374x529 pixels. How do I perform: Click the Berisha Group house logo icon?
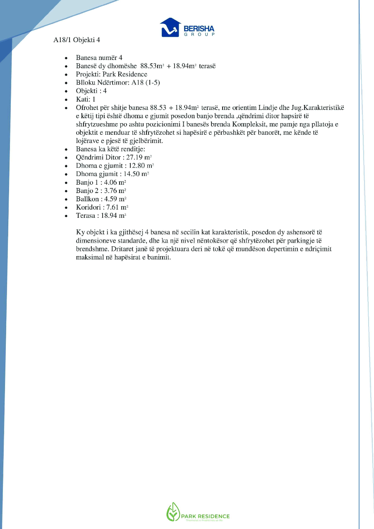pyautogui.click(x=170, y=27)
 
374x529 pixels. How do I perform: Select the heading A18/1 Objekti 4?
pyautogui.click(x=77, y=40)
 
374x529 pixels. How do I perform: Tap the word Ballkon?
pyautogui.click(x=87, y=199)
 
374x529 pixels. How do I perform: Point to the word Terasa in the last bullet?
pyautogui.click(x=86, y=215)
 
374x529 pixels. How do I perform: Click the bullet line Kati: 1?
pyautogui.click(x=86, y=99)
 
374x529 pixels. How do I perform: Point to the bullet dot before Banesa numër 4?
pyautogui.click(x=66, y=58)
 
